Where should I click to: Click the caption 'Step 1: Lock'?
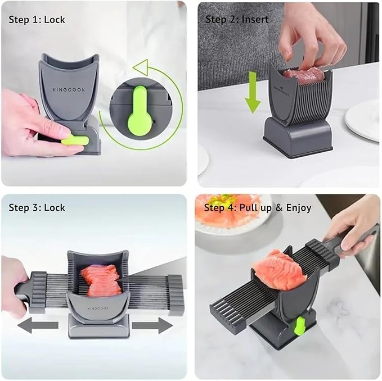click(37, 20)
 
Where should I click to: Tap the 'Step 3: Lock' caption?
click(37, 208)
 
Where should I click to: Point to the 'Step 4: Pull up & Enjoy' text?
click(257, 208)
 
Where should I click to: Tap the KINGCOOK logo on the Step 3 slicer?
click(98, 308)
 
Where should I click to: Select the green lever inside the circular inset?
click(138, 111)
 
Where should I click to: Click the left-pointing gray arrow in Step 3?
click(37, 325)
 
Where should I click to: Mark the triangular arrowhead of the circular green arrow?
click(141, 67)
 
